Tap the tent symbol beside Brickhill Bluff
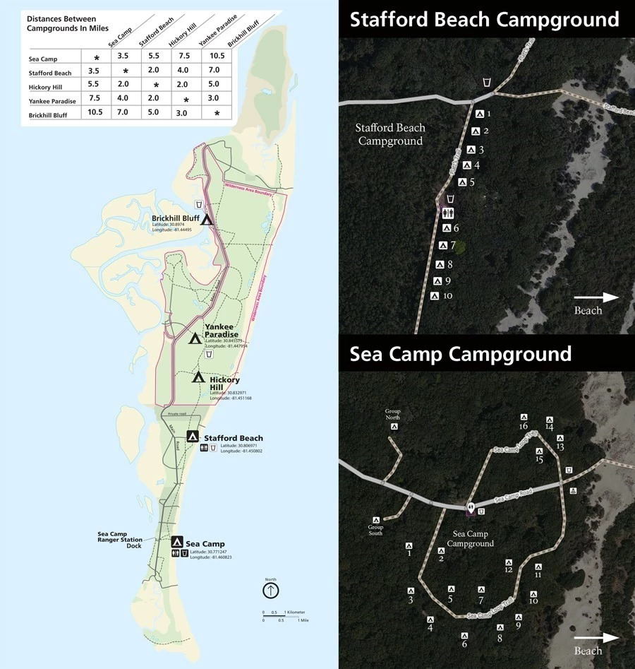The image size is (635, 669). point(207,219)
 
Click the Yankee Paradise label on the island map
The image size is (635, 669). point(221,330)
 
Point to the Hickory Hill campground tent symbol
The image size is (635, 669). point(198,377)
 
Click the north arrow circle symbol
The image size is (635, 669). point(271,590)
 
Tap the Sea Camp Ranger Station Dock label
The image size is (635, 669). point(119,539)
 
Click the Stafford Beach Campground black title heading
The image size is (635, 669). point(484,19)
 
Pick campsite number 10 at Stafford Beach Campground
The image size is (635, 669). point(435,296)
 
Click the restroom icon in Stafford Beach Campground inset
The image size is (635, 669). point(449,213)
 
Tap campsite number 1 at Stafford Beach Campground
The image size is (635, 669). point(480,114)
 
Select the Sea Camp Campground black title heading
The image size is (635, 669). point(460,354)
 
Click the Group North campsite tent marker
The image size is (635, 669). point(394,426)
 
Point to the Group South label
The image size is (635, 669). point(375,529)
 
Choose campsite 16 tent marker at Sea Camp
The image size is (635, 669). point(524,418)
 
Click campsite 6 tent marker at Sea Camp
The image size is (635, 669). point(464,635)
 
